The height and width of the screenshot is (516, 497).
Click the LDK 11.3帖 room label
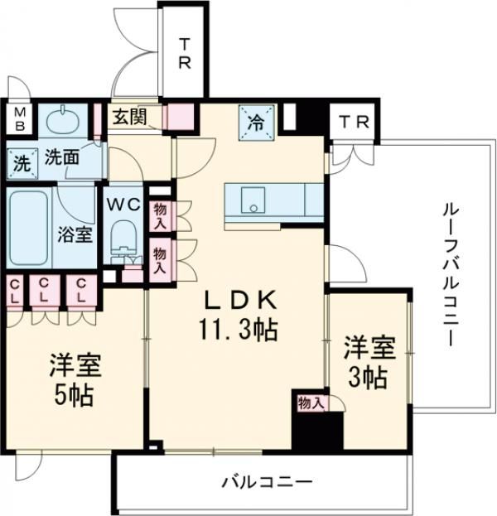(x=236, y=316)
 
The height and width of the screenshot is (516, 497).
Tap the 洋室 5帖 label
(x=70, y=379)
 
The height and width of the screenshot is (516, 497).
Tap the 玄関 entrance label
(x=130, y=117)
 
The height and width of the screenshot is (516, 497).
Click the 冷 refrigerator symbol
(x=256, y=123)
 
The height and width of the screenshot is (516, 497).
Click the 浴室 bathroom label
(x=74, y=234)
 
